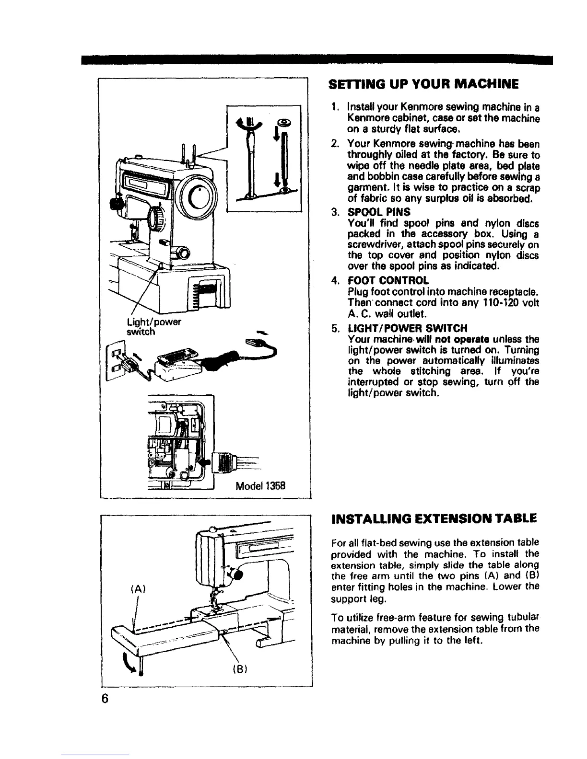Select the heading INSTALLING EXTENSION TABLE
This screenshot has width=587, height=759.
[x=432, y=519]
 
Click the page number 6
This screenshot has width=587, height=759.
[x=104, y=699]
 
